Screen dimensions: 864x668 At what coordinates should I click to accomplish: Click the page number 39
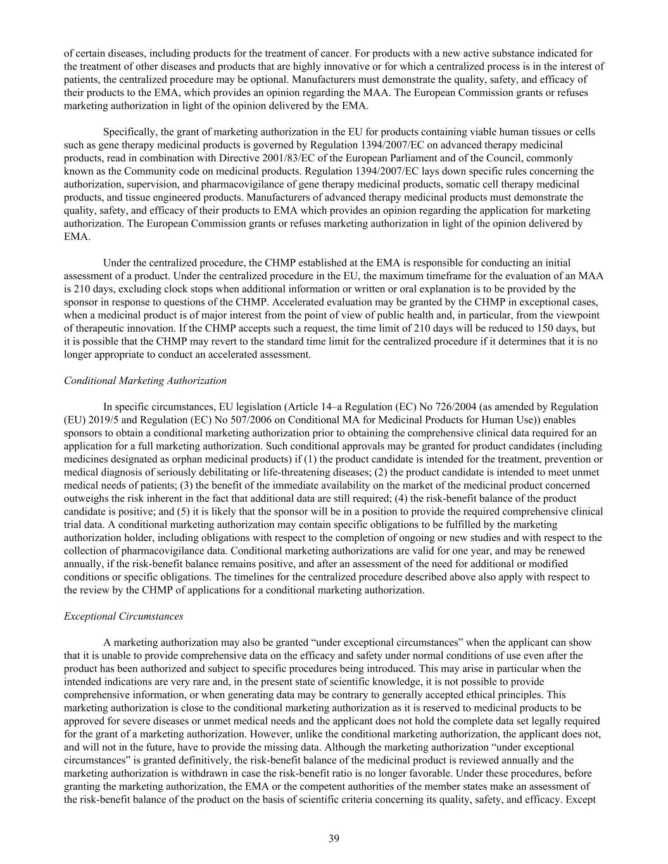click(334, 839)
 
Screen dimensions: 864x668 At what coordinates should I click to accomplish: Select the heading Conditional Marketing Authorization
click(145, 380)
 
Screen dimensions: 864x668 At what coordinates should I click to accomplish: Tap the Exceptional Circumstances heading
click(123, 616)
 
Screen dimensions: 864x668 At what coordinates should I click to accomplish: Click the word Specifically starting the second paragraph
click(130, 132)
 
